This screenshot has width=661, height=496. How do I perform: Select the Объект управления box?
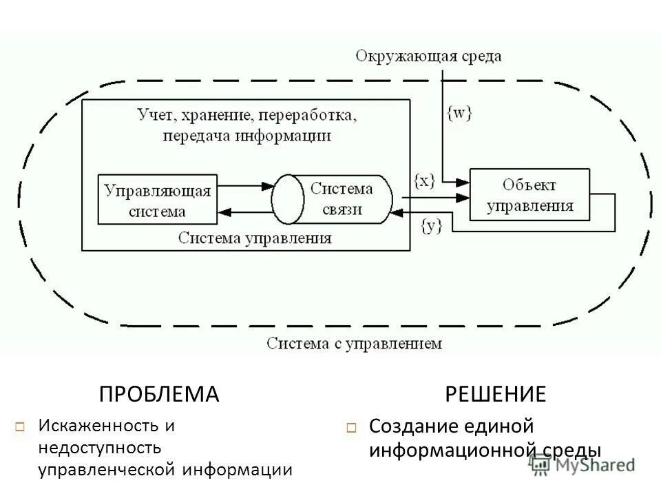(529, 194)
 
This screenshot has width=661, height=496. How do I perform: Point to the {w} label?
(459, 114)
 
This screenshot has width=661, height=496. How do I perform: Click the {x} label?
(424, 180)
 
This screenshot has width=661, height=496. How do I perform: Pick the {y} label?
(430, 224)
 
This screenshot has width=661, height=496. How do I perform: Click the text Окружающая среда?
(428, 56)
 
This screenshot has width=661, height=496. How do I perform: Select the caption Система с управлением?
(354, 342)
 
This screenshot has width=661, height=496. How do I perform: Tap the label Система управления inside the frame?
(255, 238)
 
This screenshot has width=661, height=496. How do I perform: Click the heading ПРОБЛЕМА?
(159, 394)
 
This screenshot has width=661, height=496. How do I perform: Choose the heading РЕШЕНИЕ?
(496, 394)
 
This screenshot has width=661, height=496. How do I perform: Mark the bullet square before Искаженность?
(20, 427)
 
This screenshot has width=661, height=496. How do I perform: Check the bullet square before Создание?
(351, 428)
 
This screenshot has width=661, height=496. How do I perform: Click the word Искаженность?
(96, 426)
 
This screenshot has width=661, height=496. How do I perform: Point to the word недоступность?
(100, 448)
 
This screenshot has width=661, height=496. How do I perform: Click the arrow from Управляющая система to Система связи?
(244, 185)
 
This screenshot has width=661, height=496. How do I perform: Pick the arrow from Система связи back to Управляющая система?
(244, 211)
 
